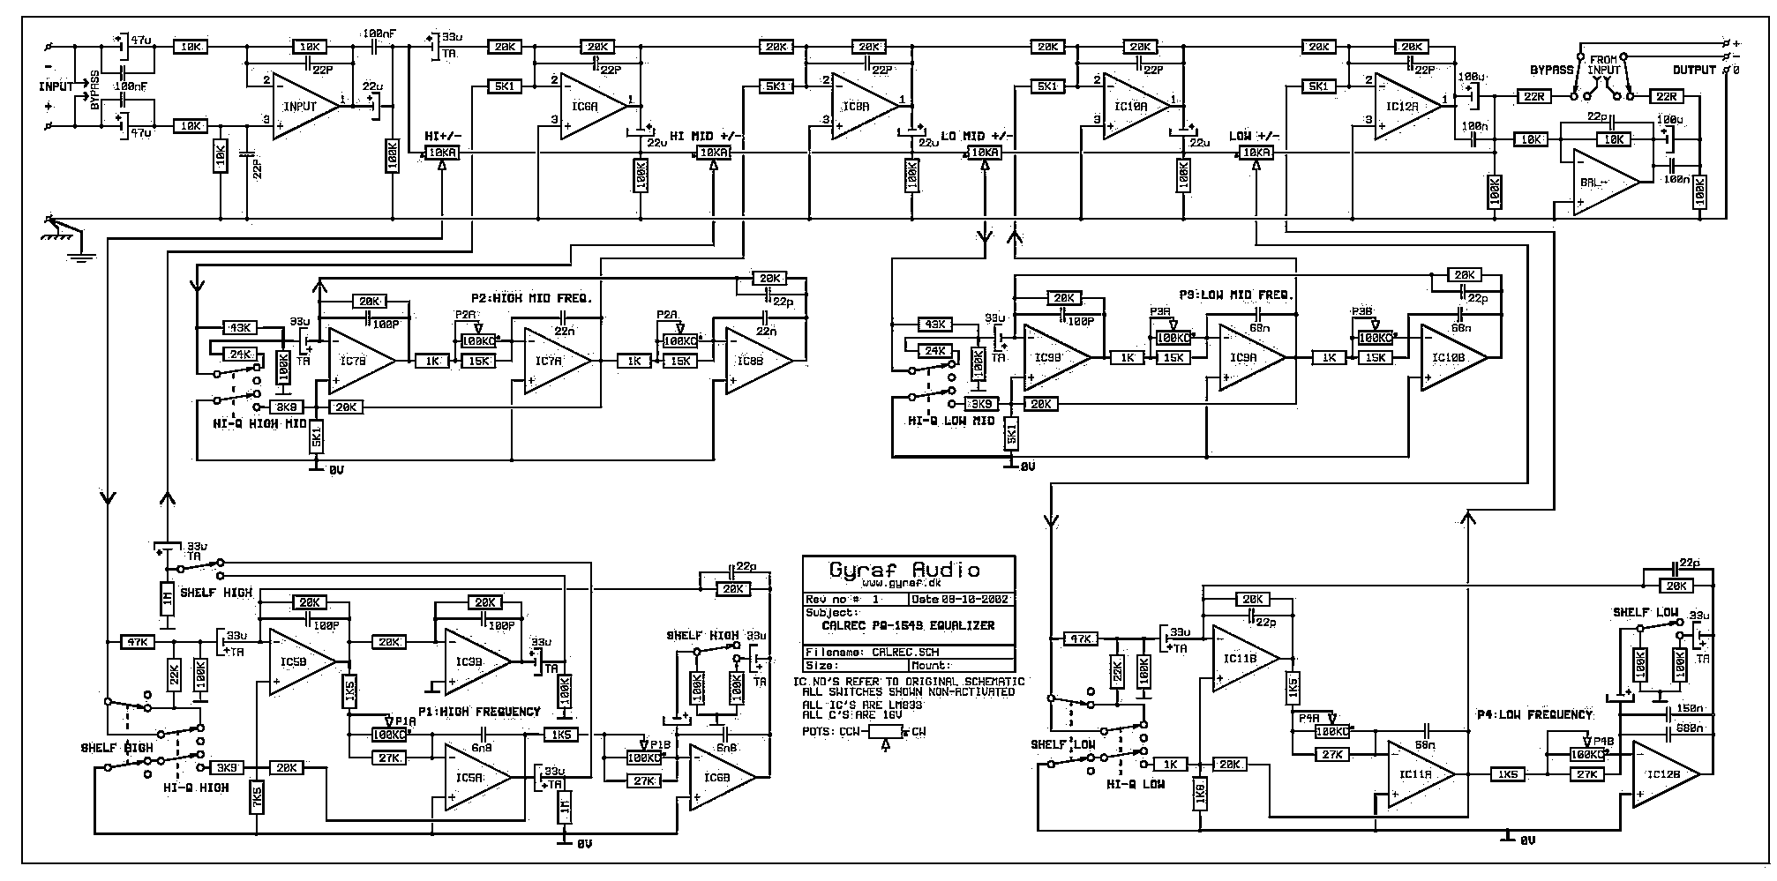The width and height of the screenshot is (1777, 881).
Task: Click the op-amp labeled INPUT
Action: (303, 106)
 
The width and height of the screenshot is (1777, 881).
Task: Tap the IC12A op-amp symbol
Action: (1403, 106)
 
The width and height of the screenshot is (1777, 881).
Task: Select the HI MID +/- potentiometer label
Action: (707, 136)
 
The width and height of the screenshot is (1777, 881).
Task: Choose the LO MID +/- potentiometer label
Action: (977, 136)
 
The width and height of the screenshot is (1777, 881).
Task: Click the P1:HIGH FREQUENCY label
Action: (480, 712)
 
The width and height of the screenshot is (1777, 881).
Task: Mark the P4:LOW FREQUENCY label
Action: (1535, 714)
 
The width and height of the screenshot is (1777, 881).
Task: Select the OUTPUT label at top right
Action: (1694, 70)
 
